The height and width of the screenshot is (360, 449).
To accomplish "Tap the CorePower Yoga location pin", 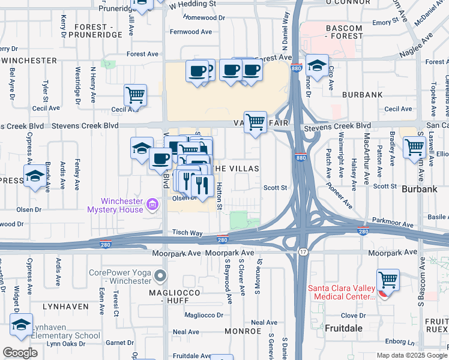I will coord(160,277).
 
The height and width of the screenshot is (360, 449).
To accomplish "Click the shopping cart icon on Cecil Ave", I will coord(135,95).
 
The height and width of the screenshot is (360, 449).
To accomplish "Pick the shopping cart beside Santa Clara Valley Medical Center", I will coord(388,280).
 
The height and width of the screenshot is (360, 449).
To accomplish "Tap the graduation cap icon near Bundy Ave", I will coord(35,176).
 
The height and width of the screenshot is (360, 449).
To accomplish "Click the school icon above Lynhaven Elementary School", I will coord(21,325).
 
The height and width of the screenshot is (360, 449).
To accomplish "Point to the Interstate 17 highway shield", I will coord(303,251).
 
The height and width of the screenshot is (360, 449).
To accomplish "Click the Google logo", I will coord(20,352).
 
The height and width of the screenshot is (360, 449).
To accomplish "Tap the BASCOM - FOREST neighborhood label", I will coord(343,32).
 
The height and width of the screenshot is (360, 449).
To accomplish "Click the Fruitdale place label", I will coord(345,329).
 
